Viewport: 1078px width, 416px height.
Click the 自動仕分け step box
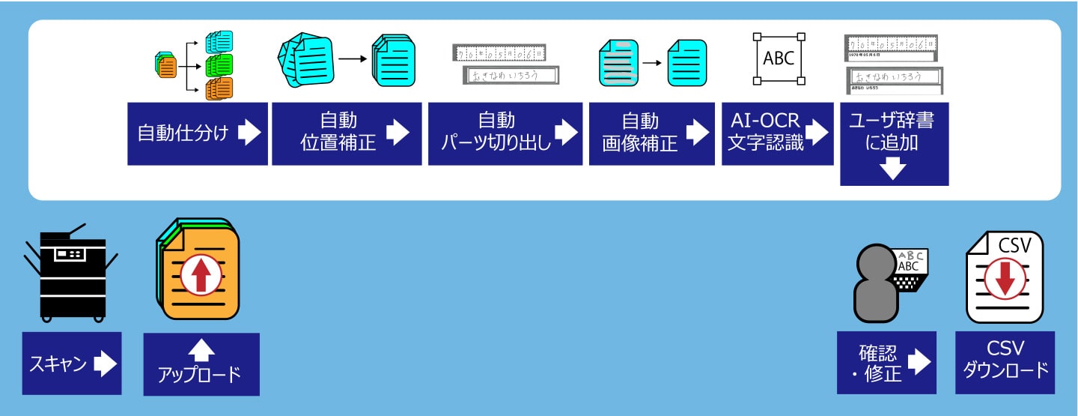[x=197, y=133]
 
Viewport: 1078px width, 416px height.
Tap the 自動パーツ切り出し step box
[x=505, y=133]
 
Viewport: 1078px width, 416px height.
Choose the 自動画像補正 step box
[x=652, y=133]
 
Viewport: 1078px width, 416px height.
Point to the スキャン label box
[x=72, y=363]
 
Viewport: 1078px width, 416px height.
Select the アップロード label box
[x=201, y=364]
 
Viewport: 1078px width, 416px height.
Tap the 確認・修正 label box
[x=886, y=363]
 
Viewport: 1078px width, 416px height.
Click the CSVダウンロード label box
[x=1005, y=363]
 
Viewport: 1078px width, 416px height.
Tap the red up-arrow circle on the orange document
[x=201, y=275]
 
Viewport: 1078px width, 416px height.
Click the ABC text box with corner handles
[x=779, y=58]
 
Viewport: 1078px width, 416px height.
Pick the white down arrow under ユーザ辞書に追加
[x=895, y=170]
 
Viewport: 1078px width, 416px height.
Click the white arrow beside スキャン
[x=105, y=364]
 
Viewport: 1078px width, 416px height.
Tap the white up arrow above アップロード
[x=201, y=349]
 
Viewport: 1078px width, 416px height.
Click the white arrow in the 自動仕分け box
[x=249, y=133]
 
